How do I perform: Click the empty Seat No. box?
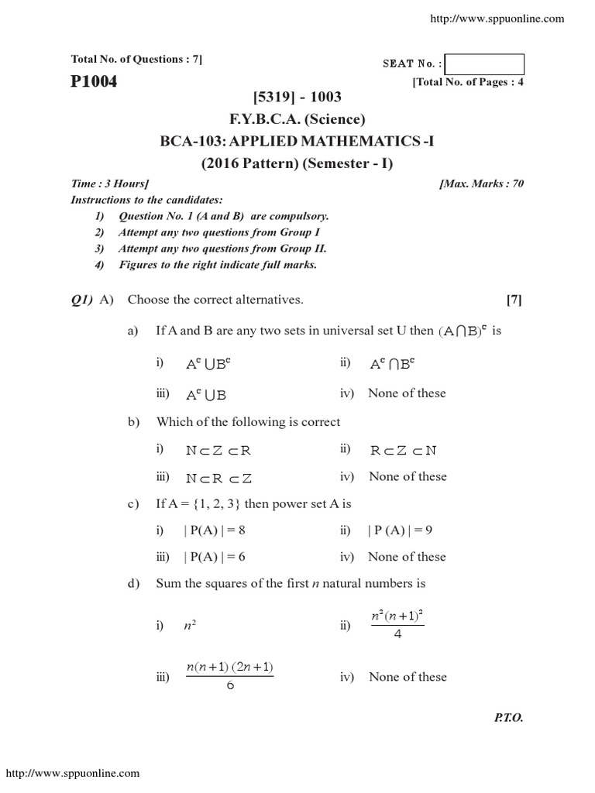tap(485, 64)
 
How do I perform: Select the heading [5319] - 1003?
tap(297, 97)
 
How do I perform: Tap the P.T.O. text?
tap(508, 718)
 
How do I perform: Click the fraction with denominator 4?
tap(398, 624)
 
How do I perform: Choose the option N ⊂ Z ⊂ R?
tap(218, 451)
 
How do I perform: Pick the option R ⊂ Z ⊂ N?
tap(403, 451)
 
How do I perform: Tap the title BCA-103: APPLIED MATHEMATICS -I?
tap(297, 141)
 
